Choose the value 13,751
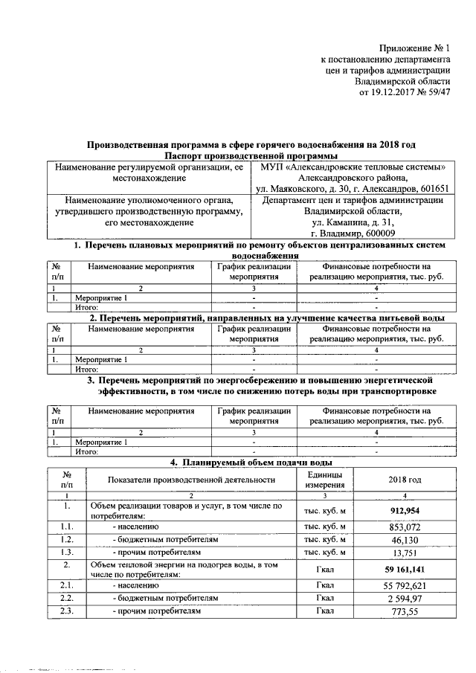405,554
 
